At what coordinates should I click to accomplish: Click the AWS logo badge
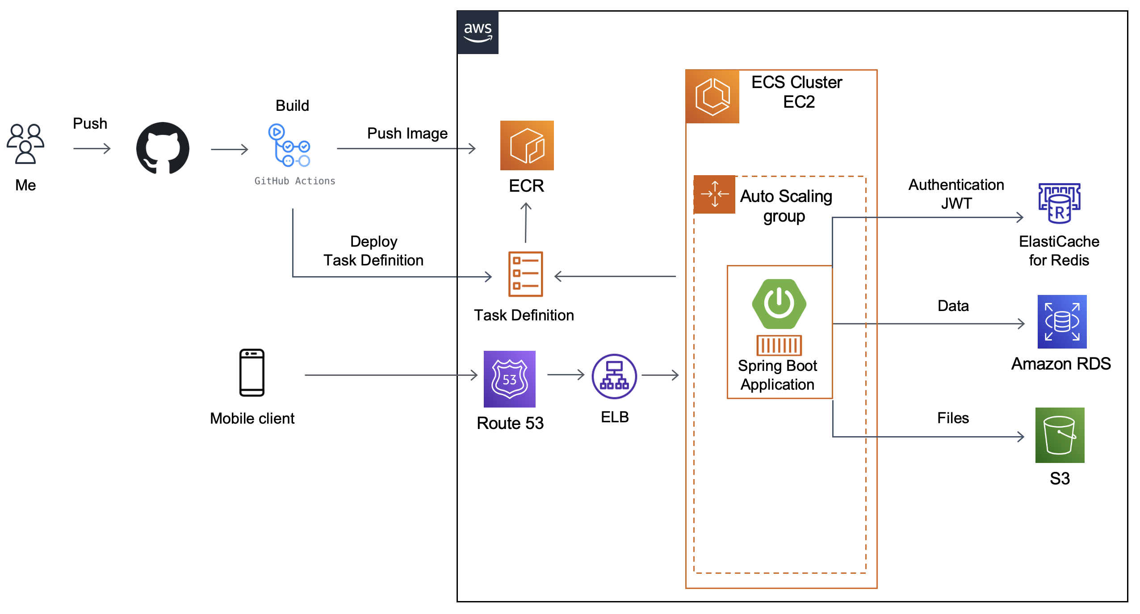[478, 33]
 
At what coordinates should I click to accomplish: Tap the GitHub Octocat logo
[163, 148]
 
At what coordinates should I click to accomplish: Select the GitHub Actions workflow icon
[289, 145]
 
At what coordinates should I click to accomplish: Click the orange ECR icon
[527, 145]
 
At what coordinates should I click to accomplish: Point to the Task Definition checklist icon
[525, 274]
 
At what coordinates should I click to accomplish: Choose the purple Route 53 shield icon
[509, 379]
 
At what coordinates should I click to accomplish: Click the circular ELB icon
[614, 376]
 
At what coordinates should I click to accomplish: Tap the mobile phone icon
[252, 373]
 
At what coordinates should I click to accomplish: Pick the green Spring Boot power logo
[779, 304]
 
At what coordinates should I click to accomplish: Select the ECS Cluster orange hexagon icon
[712, 97]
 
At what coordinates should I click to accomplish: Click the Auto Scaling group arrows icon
[715, 194]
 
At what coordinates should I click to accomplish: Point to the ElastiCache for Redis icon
[1059, 203]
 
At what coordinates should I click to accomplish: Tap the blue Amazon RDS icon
[1062, 322]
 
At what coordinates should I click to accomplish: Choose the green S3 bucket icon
[1060, 435]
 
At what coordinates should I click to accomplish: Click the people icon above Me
[25, 143]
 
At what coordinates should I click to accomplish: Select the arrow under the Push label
[92, 148]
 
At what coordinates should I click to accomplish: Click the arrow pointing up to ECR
[526, 222]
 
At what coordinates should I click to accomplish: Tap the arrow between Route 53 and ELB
[566, 374]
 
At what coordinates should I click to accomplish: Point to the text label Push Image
[407, 133]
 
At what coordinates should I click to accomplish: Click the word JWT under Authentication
[956, 203]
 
